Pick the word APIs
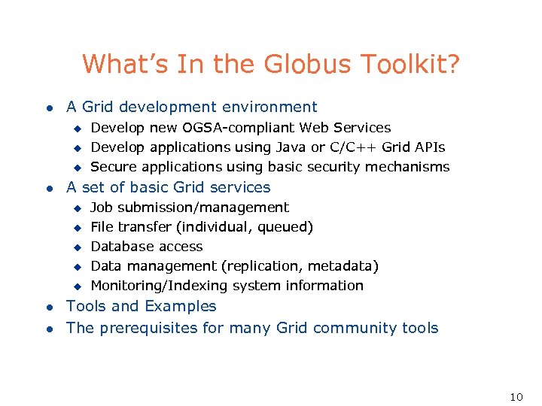(x=428, y=147)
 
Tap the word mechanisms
(x=410, y=167)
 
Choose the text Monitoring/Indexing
(x=160, y=286)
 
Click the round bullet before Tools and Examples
(x=49, y=308)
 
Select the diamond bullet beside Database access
(x=76, y=247)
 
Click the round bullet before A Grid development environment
(x=49, y=108)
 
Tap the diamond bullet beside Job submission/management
(x=76, y=208)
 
